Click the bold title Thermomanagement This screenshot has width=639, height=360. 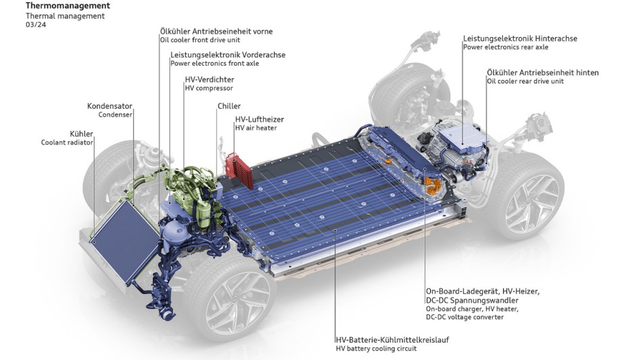(x=68, y=5)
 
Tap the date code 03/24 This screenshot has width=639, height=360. (x=36, y=24)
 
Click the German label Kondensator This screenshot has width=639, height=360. (x=110, y=106)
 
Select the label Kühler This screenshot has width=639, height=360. (x=82, y=134)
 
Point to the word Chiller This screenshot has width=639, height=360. (x=229, y=106)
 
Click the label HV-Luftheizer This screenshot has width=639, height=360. (x=259, y=120)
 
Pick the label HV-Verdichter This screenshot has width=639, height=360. (x=210, y=79)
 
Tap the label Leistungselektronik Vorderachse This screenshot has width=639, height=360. (x=228, y=55)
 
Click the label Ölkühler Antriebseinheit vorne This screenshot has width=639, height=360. (x=216, y=31)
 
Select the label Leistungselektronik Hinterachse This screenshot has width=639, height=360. (x=520, y=39)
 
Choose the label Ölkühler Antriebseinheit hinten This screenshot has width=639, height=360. (x=543, y=72)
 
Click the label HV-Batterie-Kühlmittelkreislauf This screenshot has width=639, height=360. (x=392, y=340)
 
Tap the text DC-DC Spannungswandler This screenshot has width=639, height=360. (x=473, y=300)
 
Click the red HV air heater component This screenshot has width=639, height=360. (x=239, y=171)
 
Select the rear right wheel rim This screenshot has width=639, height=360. (x=531, y=204)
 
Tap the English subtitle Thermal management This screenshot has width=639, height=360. (x=65, y=16)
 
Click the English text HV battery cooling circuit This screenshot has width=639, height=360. (x=376, y=348)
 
